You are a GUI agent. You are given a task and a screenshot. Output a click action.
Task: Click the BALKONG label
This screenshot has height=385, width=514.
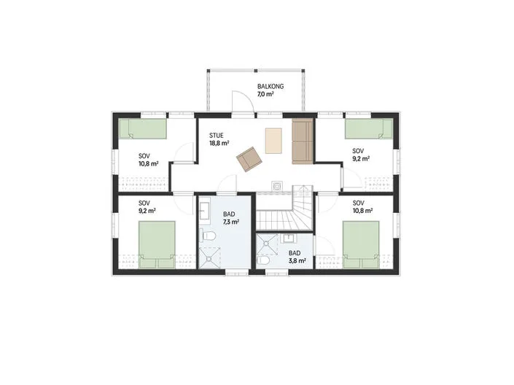(x=270, y=87)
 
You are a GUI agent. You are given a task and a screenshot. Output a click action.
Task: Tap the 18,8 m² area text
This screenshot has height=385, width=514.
(x=219, y=143)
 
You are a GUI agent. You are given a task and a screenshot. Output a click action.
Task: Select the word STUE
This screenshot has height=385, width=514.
(x=217, y=136)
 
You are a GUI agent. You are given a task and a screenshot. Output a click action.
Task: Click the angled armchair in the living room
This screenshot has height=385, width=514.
(x=249, y=159)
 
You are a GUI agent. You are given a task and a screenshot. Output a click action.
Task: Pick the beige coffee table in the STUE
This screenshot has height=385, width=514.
(x=273, y=141)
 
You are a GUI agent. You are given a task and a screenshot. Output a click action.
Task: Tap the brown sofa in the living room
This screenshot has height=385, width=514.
(x=303, y=141)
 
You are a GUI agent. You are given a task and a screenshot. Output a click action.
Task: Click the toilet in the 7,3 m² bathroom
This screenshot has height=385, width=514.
(x=208, y=236)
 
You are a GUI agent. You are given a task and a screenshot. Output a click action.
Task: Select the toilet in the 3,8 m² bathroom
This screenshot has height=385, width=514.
(x=263, y=260)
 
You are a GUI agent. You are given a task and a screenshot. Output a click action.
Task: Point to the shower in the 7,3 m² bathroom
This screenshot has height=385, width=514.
(x=209, y=257)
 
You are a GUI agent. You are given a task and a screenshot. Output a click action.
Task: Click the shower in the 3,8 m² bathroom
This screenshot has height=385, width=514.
(x=267, y=244)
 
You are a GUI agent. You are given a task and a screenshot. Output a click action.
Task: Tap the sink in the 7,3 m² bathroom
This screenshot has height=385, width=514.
(x=205, y=211)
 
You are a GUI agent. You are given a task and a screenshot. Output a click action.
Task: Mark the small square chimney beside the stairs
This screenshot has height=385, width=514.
(x=277, y=186)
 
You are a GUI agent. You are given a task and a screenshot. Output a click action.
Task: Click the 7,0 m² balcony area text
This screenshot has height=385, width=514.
(x=265, y=95)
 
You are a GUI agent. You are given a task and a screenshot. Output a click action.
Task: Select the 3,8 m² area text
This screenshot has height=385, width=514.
(x=297, y=261)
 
